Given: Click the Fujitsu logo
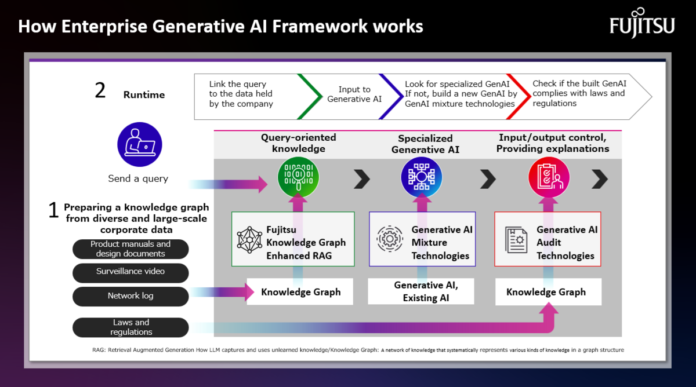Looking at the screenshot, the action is [642, 23].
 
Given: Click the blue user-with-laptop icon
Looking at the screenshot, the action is [140, 145].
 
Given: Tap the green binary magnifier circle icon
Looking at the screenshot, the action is [298, 177].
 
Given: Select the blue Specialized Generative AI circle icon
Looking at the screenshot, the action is [421, 177].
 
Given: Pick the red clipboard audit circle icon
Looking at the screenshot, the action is [549, 177].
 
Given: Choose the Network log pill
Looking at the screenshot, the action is [130, 297].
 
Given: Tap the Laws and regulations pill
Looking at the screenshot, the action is [130, 327].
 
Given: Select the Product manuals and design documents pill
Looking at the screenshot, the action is [130, 249].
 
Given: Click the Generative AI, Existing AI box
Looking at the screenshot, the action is [421, 291].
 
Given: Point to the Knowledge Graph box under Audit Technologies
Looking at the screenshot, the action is [548, 292].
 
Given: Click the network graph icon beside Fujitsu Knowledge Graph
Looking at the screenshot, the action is [249, 240].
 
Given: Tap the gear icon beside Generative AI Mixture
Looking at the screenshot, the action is [390, 239].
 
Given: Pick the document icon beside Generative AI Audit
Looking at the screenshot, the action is [516, 240].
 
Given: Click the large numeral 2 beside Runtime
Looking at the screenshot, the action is [100, 90].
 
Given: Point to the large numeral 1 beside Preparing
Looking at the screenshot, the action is [53, 210].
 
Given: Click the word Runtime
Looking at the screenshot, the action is [144, 94].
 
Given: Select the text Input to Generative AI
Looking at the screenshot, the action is [354, 94].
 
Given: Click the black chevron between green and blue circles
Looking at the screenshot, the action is [362, 179].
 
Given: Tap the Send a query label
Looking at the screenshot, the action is [138, 178].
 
